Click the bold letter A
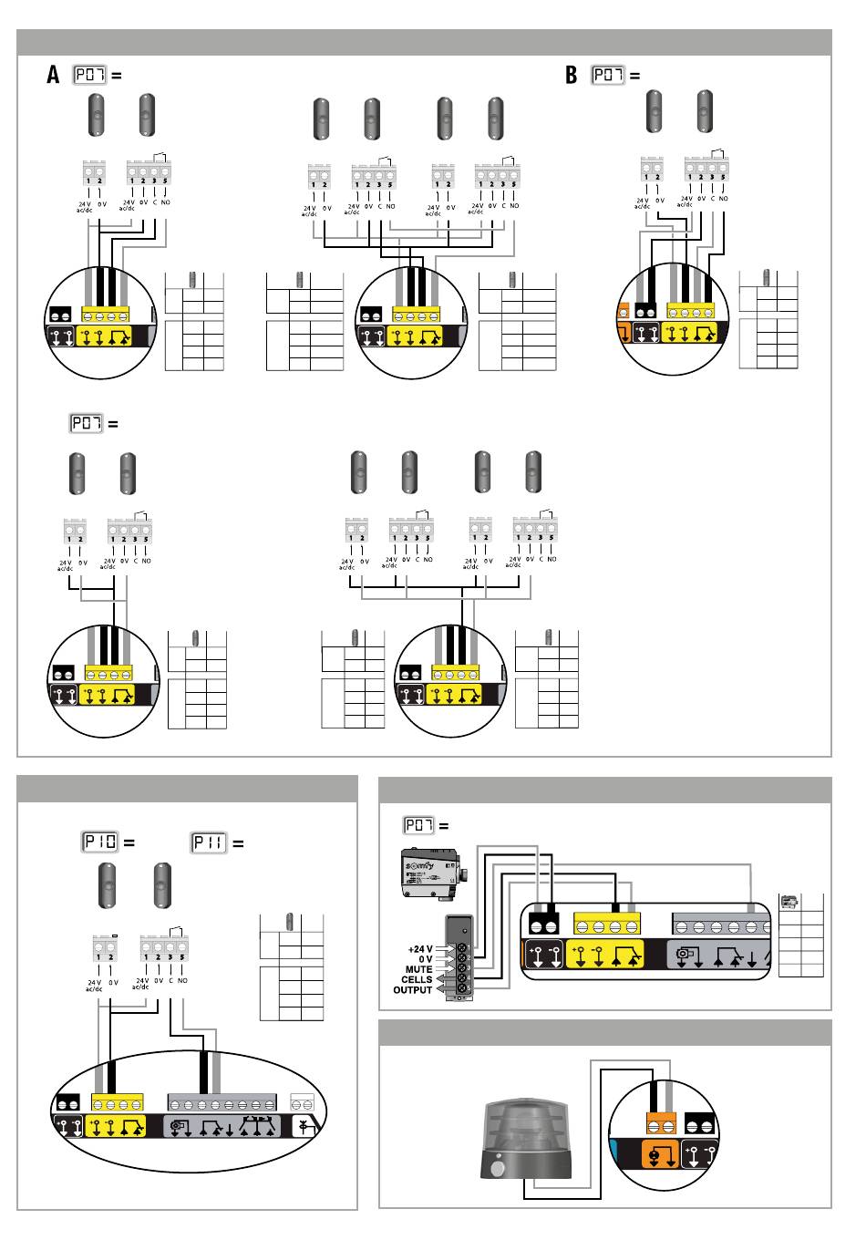click(x=54, y=76)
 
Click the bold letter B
click(x=572, y=76)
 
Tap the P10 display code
click(x=100, y=842)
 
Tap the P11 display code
click(x=209, y=842)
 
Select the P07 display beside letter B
click(x=609, y=76)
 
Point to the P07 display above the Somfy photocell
click(x=419, y=826)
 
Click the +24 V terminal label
click(x=418, y=949)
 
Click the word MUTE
click(x=419, y=970)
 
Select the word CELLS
click(x=418, y=980)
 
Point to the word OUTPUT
click(x=413, y=990)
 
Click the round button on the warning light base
click(x=498, y=1170)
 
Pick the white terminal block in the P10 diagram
click(x=302, y=1101)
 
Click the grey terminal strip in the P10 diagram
click(x=221, y=1101)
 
